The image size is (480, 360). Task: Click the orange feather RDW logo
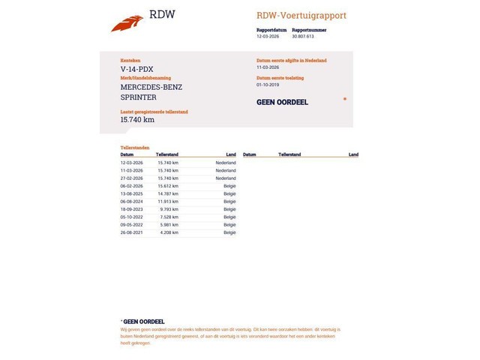click(x=127, y=24)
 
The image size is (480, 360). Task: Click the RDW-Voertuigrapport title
click(x=301, y=15)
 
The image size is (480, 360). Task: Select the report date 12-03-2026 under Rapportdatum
click(x=267, y=36)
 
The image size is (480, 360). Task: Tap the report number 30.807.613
click(x=303, y=36)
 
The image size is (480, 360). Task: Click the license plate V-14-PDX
click(x=136, y=69)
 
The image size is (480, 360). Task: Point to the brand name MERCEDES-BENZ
click(x=151, y=87)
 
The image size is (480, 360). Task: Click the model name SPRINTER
click(x=138, y=97)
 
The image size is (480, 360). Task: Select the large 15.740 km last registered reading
click(x=137, y=119)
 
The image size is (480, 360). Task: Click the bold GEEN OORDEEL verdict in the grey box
click(x=282, y=102)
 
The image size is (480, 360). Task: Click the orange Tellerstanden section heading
click(x=135, y=148)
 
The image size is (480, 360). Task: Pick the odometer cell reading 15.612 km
click(x=168, y=186)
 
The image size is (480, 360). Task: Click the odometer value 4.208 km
click(x=169, y=232)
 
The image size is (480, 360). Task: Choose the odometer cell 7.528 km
click(x=169, y=217)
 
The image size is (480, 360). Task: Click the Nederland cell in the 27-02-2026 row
click(x=226, y=178)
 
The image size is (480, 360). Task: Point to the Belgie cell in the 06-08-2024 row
click(x=229, y=201)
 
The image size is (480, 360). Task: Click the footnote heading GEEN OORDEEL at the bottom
click(x=143, y=322)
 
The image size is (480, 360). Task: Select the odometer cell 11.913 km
click(x=168, y=201)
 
